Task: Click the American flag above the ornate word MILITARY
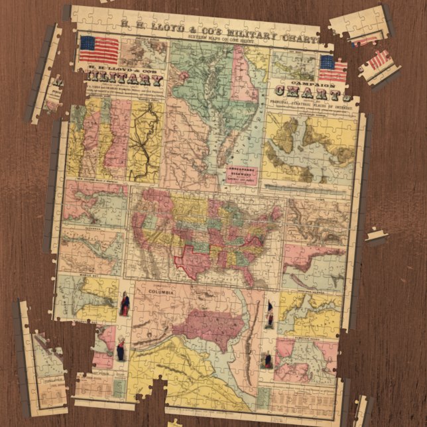pyautogui.click(x=99, y=50)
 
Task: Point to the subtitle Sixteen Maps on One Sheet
pyautogui.click(x=199, y=38)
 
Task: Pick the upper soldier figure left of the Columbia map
pyautogui.click(x=125, y=305)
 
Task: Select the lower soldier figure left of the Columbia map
pyautogui.click(x=121, y=347)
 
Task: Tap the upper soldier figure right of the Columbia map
pyautogui.click(x=270, y=315)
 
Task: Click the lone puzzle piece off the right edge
pyautogui.click(x=375, y=235)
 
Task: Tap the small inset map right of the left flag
pyautogui.click(x=143, y=53)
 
